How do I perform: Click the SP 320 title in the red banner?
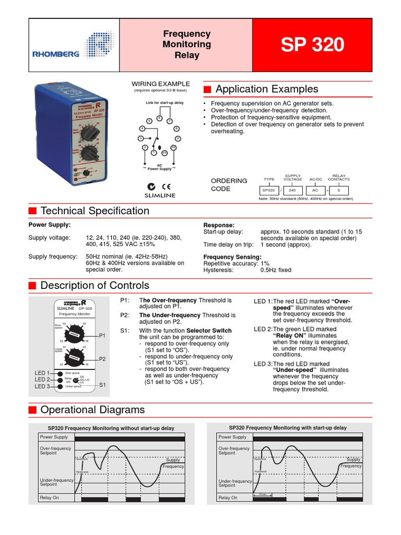click(312, 45)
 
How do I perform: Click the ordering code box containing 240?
click(292, 191)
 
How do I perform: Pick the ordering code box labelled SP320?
click(268, 191)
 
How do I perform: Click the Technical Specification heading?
click(95, 211)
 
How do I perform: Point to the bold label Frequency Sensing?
click(232, 257)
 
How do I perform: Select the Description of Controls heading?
click(95, 286)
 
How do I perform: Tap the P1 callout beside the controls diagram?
click(102, 336)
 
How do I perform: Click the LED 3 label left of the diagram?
click(42, 386)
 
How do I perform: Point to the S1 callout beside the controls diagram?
click(102, 385)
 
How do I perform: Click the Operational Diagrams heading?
click(92, 410)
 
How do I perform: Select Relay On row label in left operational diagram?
click(50, 498)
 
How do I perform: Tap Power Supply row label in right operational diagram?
click(232, 437)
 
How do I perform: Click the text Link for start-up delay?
click(162, 102)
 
